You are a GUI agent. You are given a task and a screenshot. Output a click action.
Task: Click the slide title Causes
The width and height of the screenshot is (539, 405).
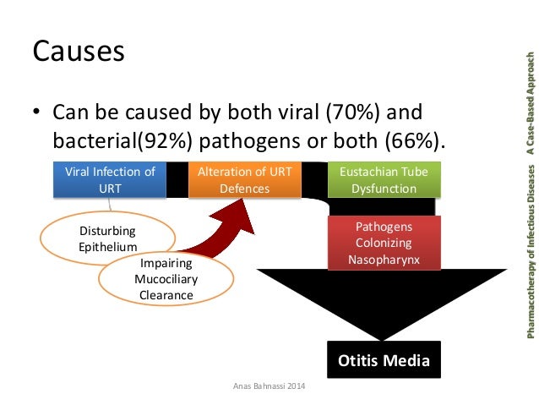click(79, 52)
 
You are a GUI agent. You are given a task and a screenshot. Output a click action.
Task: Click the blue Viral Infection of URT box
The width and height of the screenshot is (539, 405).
click(110, 180)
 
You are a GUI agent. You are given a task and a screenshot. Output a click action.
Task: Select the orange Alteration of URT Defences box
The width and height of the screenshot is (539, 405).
click(244, 180)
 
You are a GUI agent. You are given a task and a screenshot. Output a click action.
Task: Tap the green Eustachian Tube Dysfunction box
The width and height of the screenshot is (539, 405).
click(384, 180)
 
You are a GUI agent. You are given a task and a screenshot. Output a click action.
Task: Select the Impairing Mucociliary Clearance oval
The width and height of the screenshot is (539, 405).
click(166, 279)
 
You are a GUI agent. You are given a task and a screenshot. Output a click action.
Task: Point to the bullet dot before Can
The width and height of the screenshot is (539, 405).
click(37, 113)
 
